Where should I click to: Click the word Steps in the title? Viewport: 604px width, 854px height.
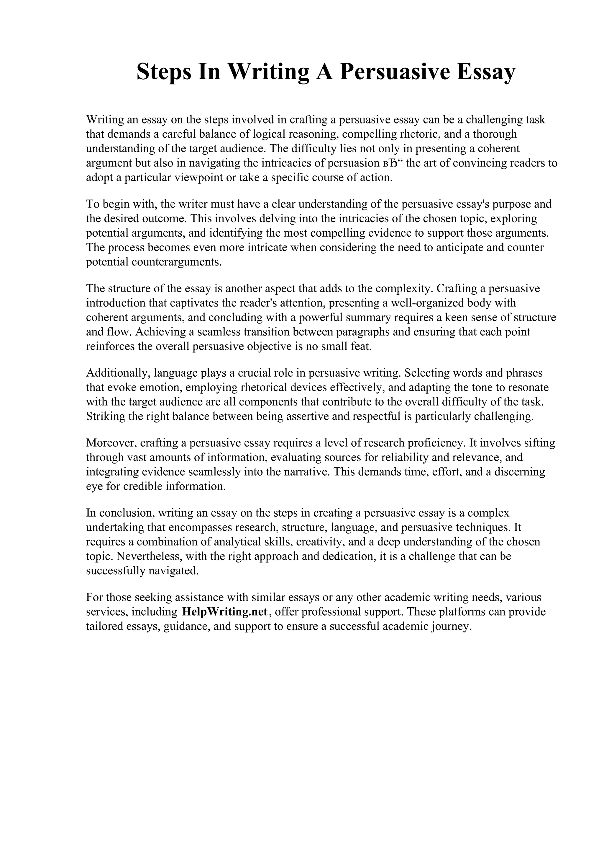pos(163,72)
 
